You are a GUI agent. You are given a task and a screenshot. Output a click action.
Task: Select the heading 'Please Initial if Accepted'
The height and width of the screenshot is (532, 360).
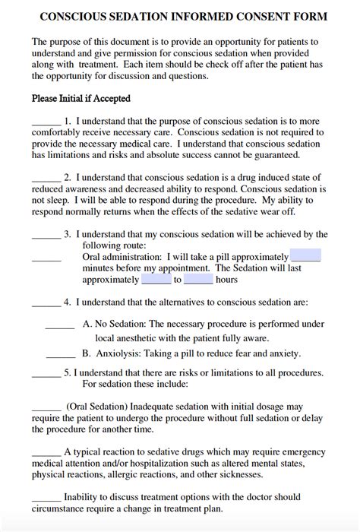point(81,98)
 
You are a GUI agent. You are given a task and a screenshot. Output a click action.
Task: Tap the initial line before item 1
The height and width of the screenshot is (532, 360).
point(46,123)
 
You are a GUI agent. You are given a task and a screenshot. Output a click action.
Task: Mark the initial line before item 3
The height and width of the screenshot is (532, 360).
point(46,237)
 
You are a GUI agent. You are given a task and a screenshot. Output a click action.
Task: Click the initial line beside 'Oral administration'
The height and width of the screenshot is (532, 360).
point(46,259)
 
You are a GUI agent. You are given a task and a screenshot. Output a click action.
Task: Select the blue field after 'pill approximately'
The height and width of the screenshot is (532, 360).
point(305,256)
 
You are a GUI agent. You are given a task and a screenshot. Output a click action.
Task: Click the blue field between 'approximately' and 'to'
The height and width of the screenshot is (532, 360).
point(156,279)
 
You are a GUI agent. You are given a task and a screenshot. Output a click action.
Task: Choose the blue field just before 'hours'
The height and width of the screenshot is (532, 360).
point(197,279)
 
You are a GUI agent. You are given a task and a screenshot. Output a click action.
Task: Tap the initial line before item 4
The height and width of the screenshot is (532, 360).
point(46,304)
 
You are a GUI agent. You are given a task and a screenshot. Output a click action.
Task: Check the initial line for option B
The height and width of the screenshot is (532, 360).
point(61,356)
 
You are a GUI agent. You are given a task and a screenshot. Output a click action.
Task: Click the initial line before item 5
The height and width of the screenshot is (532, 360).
point(46,375)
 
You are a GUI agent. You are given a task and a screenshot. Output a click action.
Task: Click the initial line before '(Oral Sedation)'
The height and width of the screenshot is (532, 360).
point(46,409)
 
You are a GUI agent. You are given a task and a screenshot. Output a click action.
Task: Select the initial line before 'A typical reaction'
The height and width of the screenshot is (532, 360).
point(46,454)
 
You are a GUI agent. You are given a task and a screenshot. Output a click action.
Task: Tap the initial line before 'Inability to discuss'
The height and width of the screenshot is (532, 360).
point(46,499)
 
